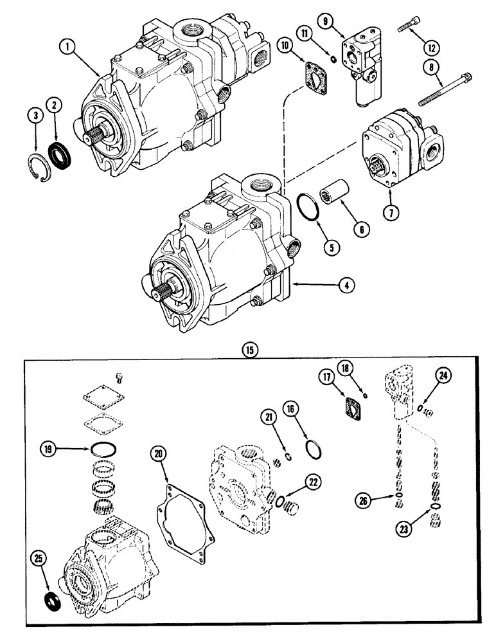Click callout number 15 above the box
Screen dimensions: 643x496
[248, 350]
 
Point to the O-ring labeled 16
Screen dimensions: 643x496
[314, 448]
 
